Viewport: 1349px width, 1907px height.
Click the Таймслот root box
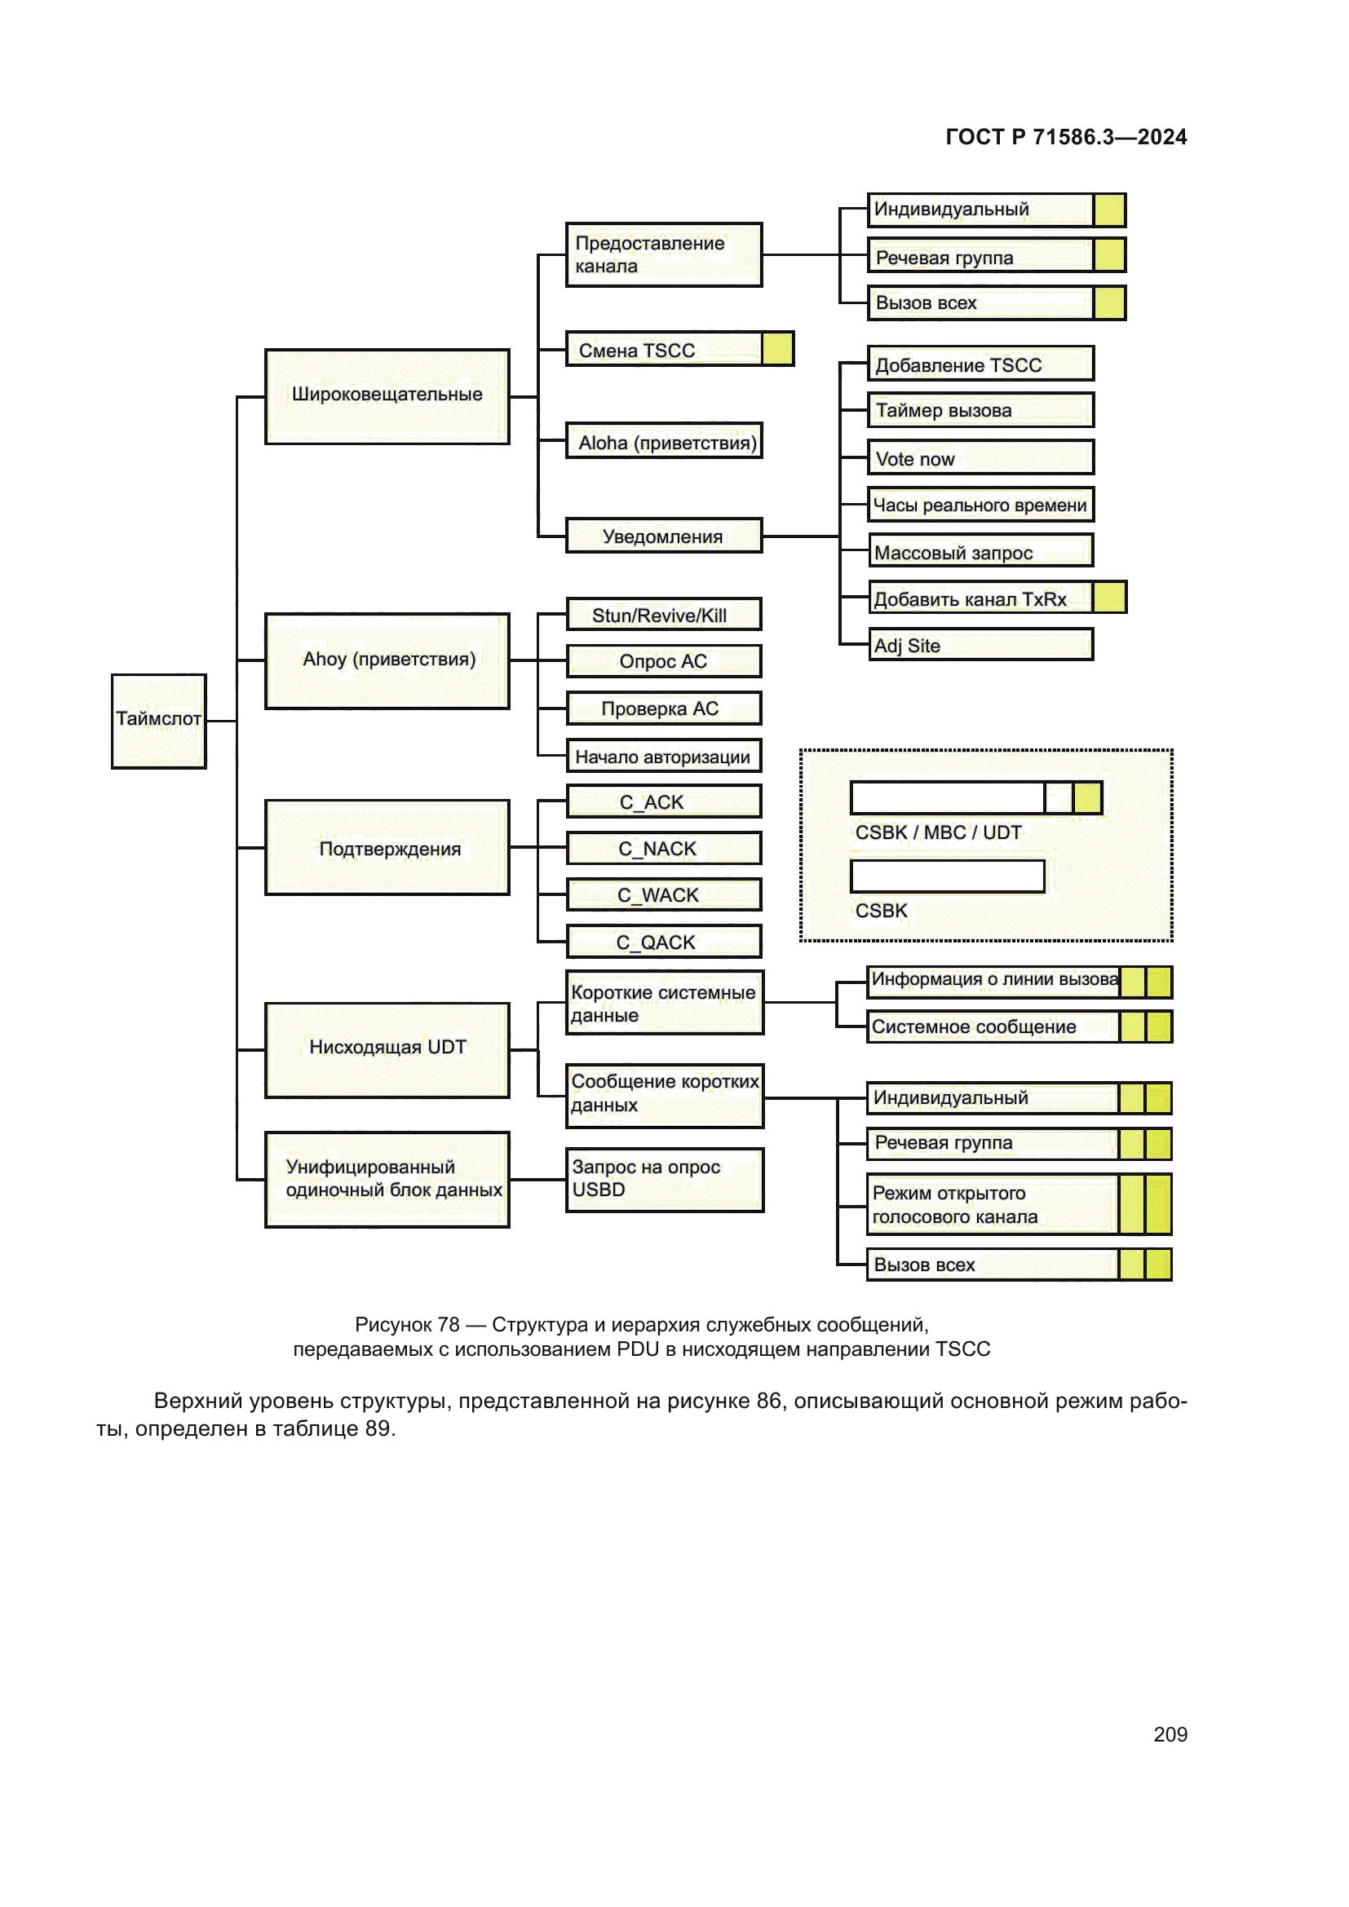click(x=159, y=720)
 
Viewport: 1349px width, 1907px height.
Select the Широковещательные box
click(x=387, y=396)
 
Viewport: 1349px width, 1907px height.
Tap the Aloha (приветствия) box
click(x=664, y=441)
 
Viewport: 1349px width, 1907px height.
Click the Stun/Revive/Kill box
click(x=663, y=615)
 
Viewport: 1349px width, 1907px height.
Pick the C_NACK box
click(x=663, y=848)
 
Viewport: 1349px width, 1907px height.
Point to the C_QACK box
click(x=663, y=942)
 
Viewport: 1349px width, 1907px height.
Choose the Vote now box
click(x=980, y=457)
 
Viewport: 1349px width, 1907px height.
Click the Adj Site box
click(x=980, y=645)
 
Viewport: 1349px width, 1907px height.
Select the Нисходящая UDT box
click(x=387, y=1049)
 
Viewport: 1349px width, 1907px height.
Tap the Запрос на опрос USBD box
click(x=664, y=1179)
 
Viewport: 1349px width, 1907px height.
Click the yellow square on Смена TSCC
click(x=776, y=349)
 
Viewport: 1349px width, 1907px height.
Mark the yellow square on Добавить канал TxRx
click(x=1109, y=597)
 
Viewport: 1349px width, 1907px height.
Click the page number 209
click(x=1170, y=1733)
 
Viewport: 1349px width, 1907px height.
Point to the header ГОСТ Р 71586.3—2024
click(x=1066, y=137)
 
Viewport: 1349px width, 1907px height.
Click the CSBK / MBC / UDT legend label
click(x=938, y=832)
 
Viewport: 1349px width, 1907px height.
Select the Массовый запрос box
click(x=980, y=550)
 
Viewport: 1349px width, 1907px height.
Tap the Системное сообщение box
click(x=993, y=1026)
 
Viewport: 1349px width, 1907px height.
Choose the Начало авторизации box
click(x=663, y=756)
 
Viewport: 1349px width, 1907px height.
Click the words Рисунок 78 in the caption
click(x=407, y=1324)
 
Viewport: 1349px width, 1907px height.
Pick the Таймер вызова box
click(x=980, y=410)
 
